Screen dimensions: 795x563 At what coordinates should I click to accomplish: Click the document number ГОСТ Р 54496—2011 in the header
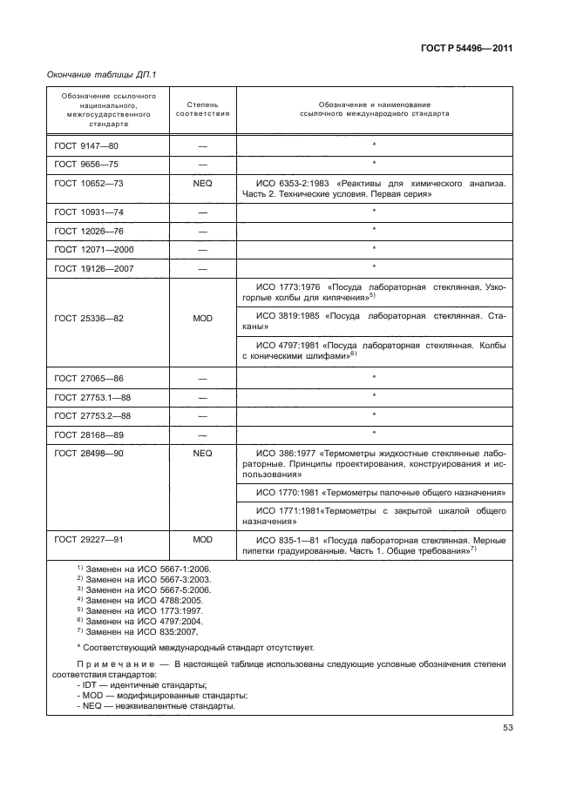click(469, 49)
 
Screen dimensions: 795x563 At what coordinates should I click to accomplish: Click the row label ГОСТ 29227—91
click(87, 541)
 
